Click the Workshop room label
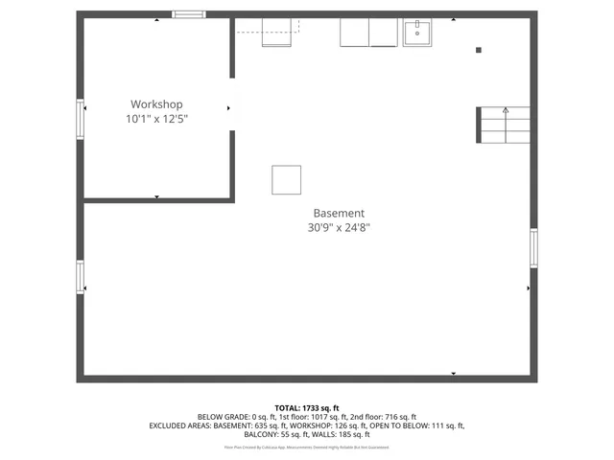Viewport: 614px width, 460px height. coord(156,104)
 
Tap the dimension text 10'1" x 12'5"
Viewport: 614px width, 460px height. coord(156,120)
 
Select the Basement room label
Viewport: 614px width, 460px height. coord(339,213)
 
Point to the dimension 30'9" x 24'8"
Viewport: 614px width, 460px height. coord(339,228)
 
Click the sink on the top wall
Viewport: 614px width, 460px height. coord(417,33)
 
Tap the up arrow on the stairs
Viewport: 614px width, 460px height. coord(506,112)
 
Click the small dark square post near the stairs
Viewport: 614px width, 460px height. coord(479,50)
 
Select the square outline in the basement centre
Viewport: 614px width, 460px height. coord(286,179)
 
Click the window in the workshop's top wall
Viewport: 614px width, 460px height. coord(188,14)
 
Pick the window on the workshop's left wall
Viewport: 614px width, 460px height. coord(81,121)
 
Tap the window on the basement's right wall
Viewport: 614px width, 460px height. coord(533,248)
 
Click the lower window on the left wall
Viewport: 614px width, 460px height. coord(81,277)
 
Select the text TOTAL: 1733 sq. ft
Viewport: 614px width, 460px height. coord(307,408)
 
